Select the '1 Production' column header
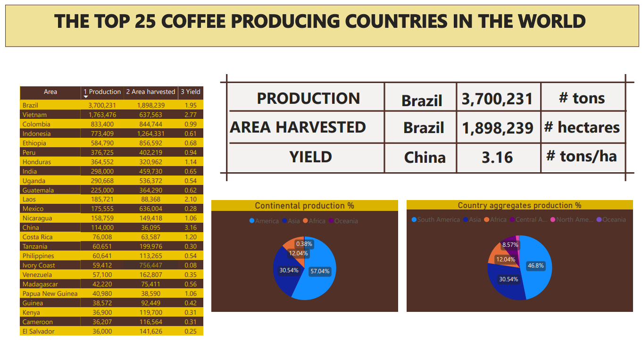click(102, 92)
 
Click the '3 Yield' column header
click(191, 92)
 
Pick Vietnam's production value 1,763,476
click(102, 115)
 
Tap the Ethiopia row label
click(34, 143)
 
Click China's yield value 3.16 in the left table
click(191, 227)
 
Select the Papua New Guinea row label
click(50, 293)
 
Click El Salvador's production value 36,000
click(102, 331)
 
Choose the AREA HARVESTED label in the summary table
click(298, 127)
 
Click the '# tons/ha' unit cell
click(582, 156)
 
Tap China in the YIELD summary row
click(425, 157)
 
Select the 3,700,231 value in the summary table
click(497, 99)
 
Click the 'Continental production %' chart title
click(304, 206)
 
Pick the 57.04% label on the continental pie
click(320, 271)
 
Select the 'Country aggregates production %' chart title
click(519, 206)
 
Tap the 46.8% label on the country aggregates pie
click(536, 266)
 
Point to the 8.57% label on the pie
click(510, 245)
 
